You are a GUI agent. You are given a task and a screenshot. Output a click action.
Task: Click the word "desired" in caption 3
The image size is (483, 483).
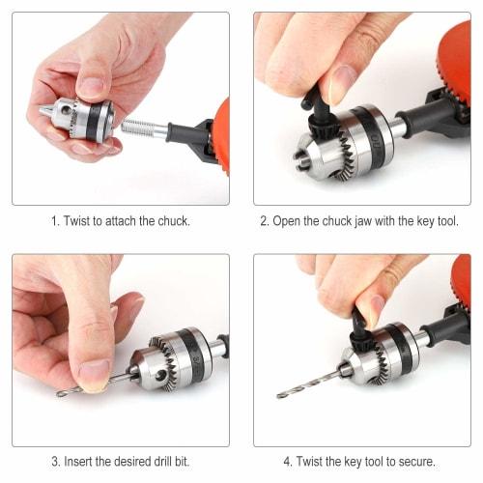[x=133, y=461]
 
